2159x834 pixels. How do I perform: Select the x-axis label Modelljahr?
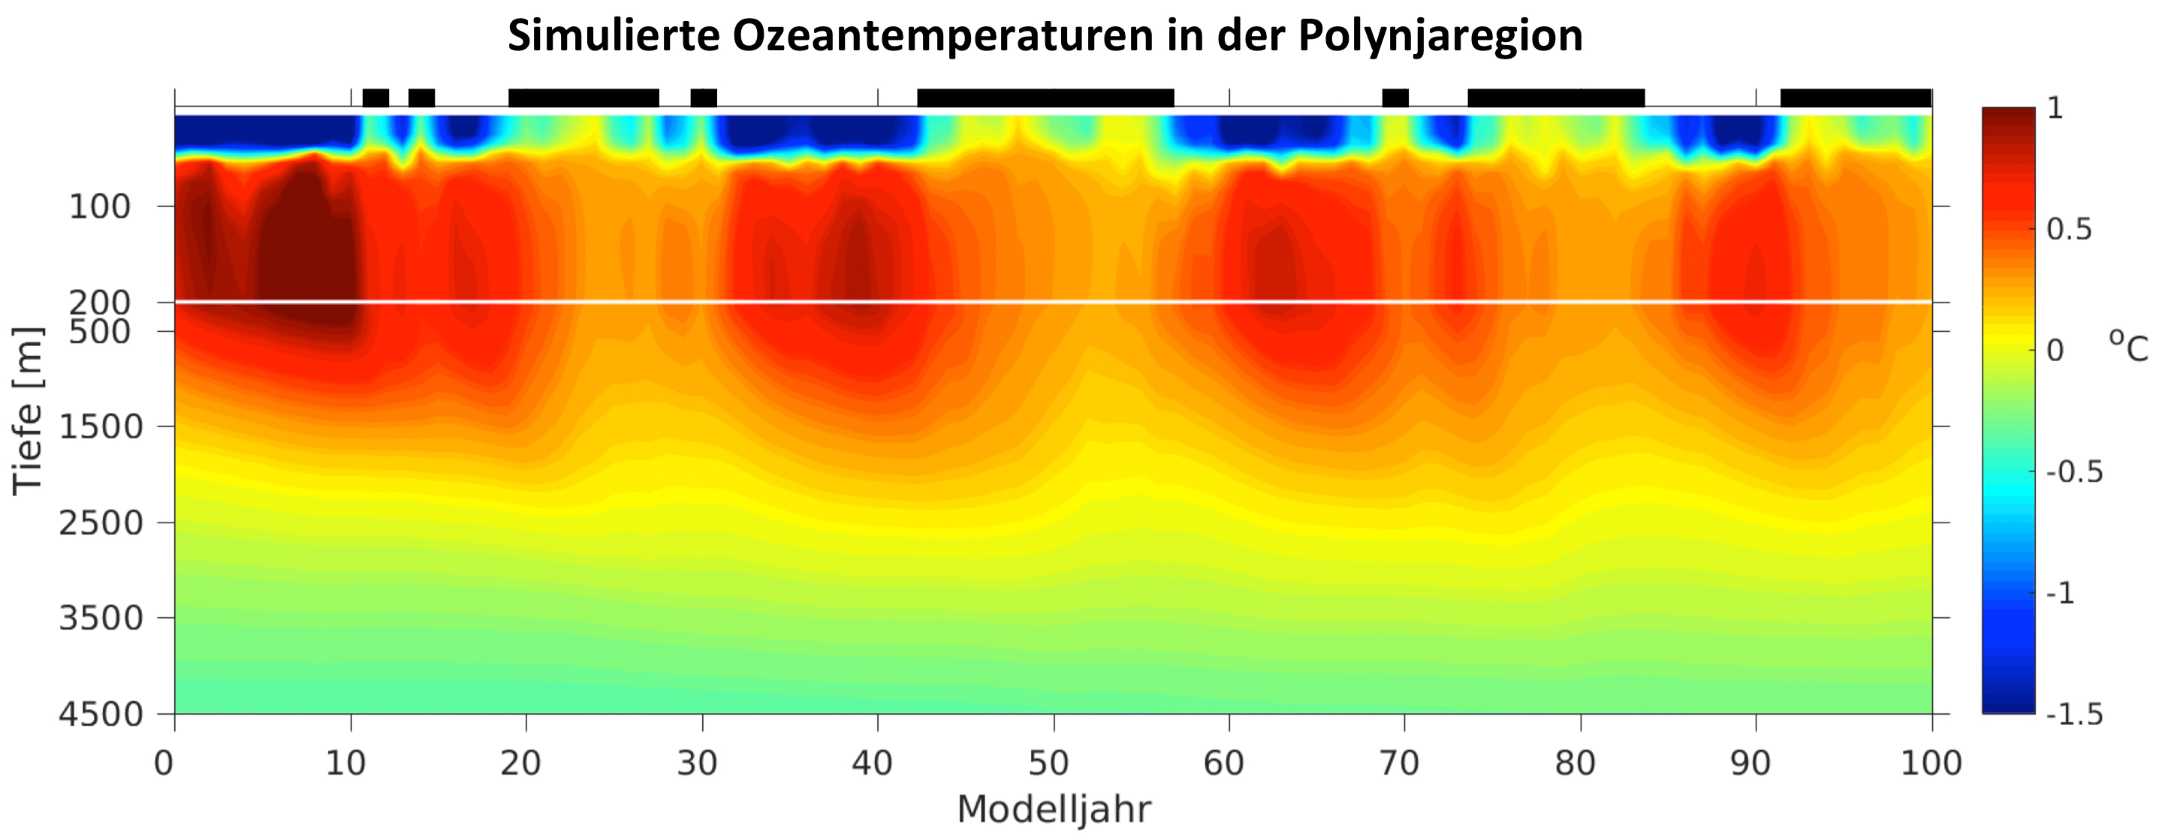tap(1054, 810)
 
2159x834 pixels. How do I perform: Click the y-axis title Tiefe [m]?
tap(28, 411)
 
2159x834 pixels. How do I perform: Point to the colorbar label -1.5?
tap(2075, 714)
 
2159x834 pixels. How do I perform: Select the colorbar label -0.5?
tap(2075, 472)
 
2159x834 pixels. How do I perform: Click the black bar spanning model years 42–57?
tap(1045, 98)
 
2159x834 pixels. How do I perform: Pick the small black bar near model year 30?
tap(703, 98)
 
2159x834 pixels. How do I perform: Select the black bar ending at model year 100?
tap(1856, 98)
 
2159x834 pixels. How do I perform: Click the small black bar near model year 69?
tap(1395, 98)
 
